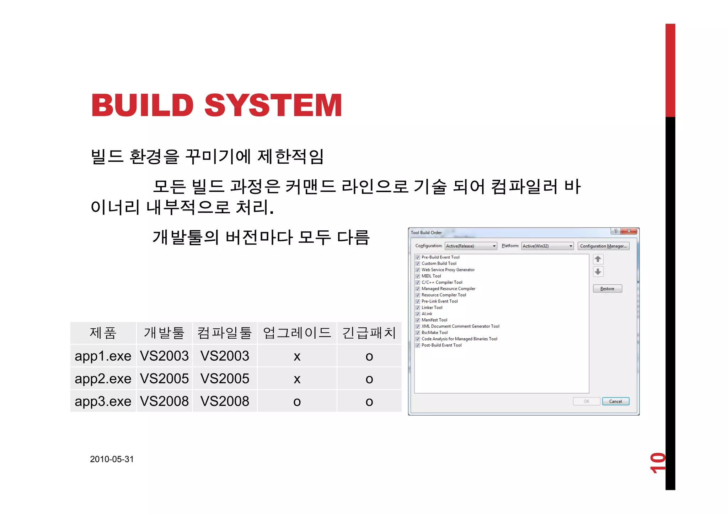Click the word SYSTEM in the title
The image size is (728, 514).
coord(273,105)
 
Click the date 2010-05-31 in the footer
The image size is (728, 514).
coord(112,459)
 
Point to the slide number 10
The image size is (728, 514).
coord(657,463)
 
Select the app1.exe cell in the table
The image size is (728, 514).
coord(103,356)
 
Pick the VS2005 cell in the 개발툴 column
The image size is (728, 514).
coord(164,379)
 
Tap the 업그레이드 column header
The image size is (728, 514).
coord(297,333)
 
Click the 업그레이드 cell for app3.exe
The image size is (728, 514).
coord(297,401)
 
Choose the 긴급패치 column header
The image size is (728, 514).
coord(369,333)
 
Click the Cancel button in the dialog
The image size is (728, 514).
coord(615,401)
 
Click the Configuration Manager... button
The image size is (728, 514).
coord(603,246)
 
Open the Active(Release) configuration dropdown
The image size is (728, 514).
coord(471,246)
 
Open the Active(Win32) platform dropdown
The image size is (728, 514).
coord(547,246)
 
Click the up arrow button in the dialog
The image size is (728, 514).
coord(598,259)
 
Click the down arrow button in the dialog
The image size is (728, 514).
coord(598,272)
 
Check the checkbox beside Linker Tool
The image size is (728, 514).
coord(418,308)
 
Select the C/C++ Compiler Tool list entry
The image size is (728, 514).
coord(442,283)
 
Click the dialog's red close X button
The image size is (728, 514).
coord(629,231)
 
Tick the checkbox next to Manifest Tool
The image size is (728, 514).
coord(418,320)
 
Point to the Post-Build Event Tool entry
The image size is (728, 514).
coord(441,345)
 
